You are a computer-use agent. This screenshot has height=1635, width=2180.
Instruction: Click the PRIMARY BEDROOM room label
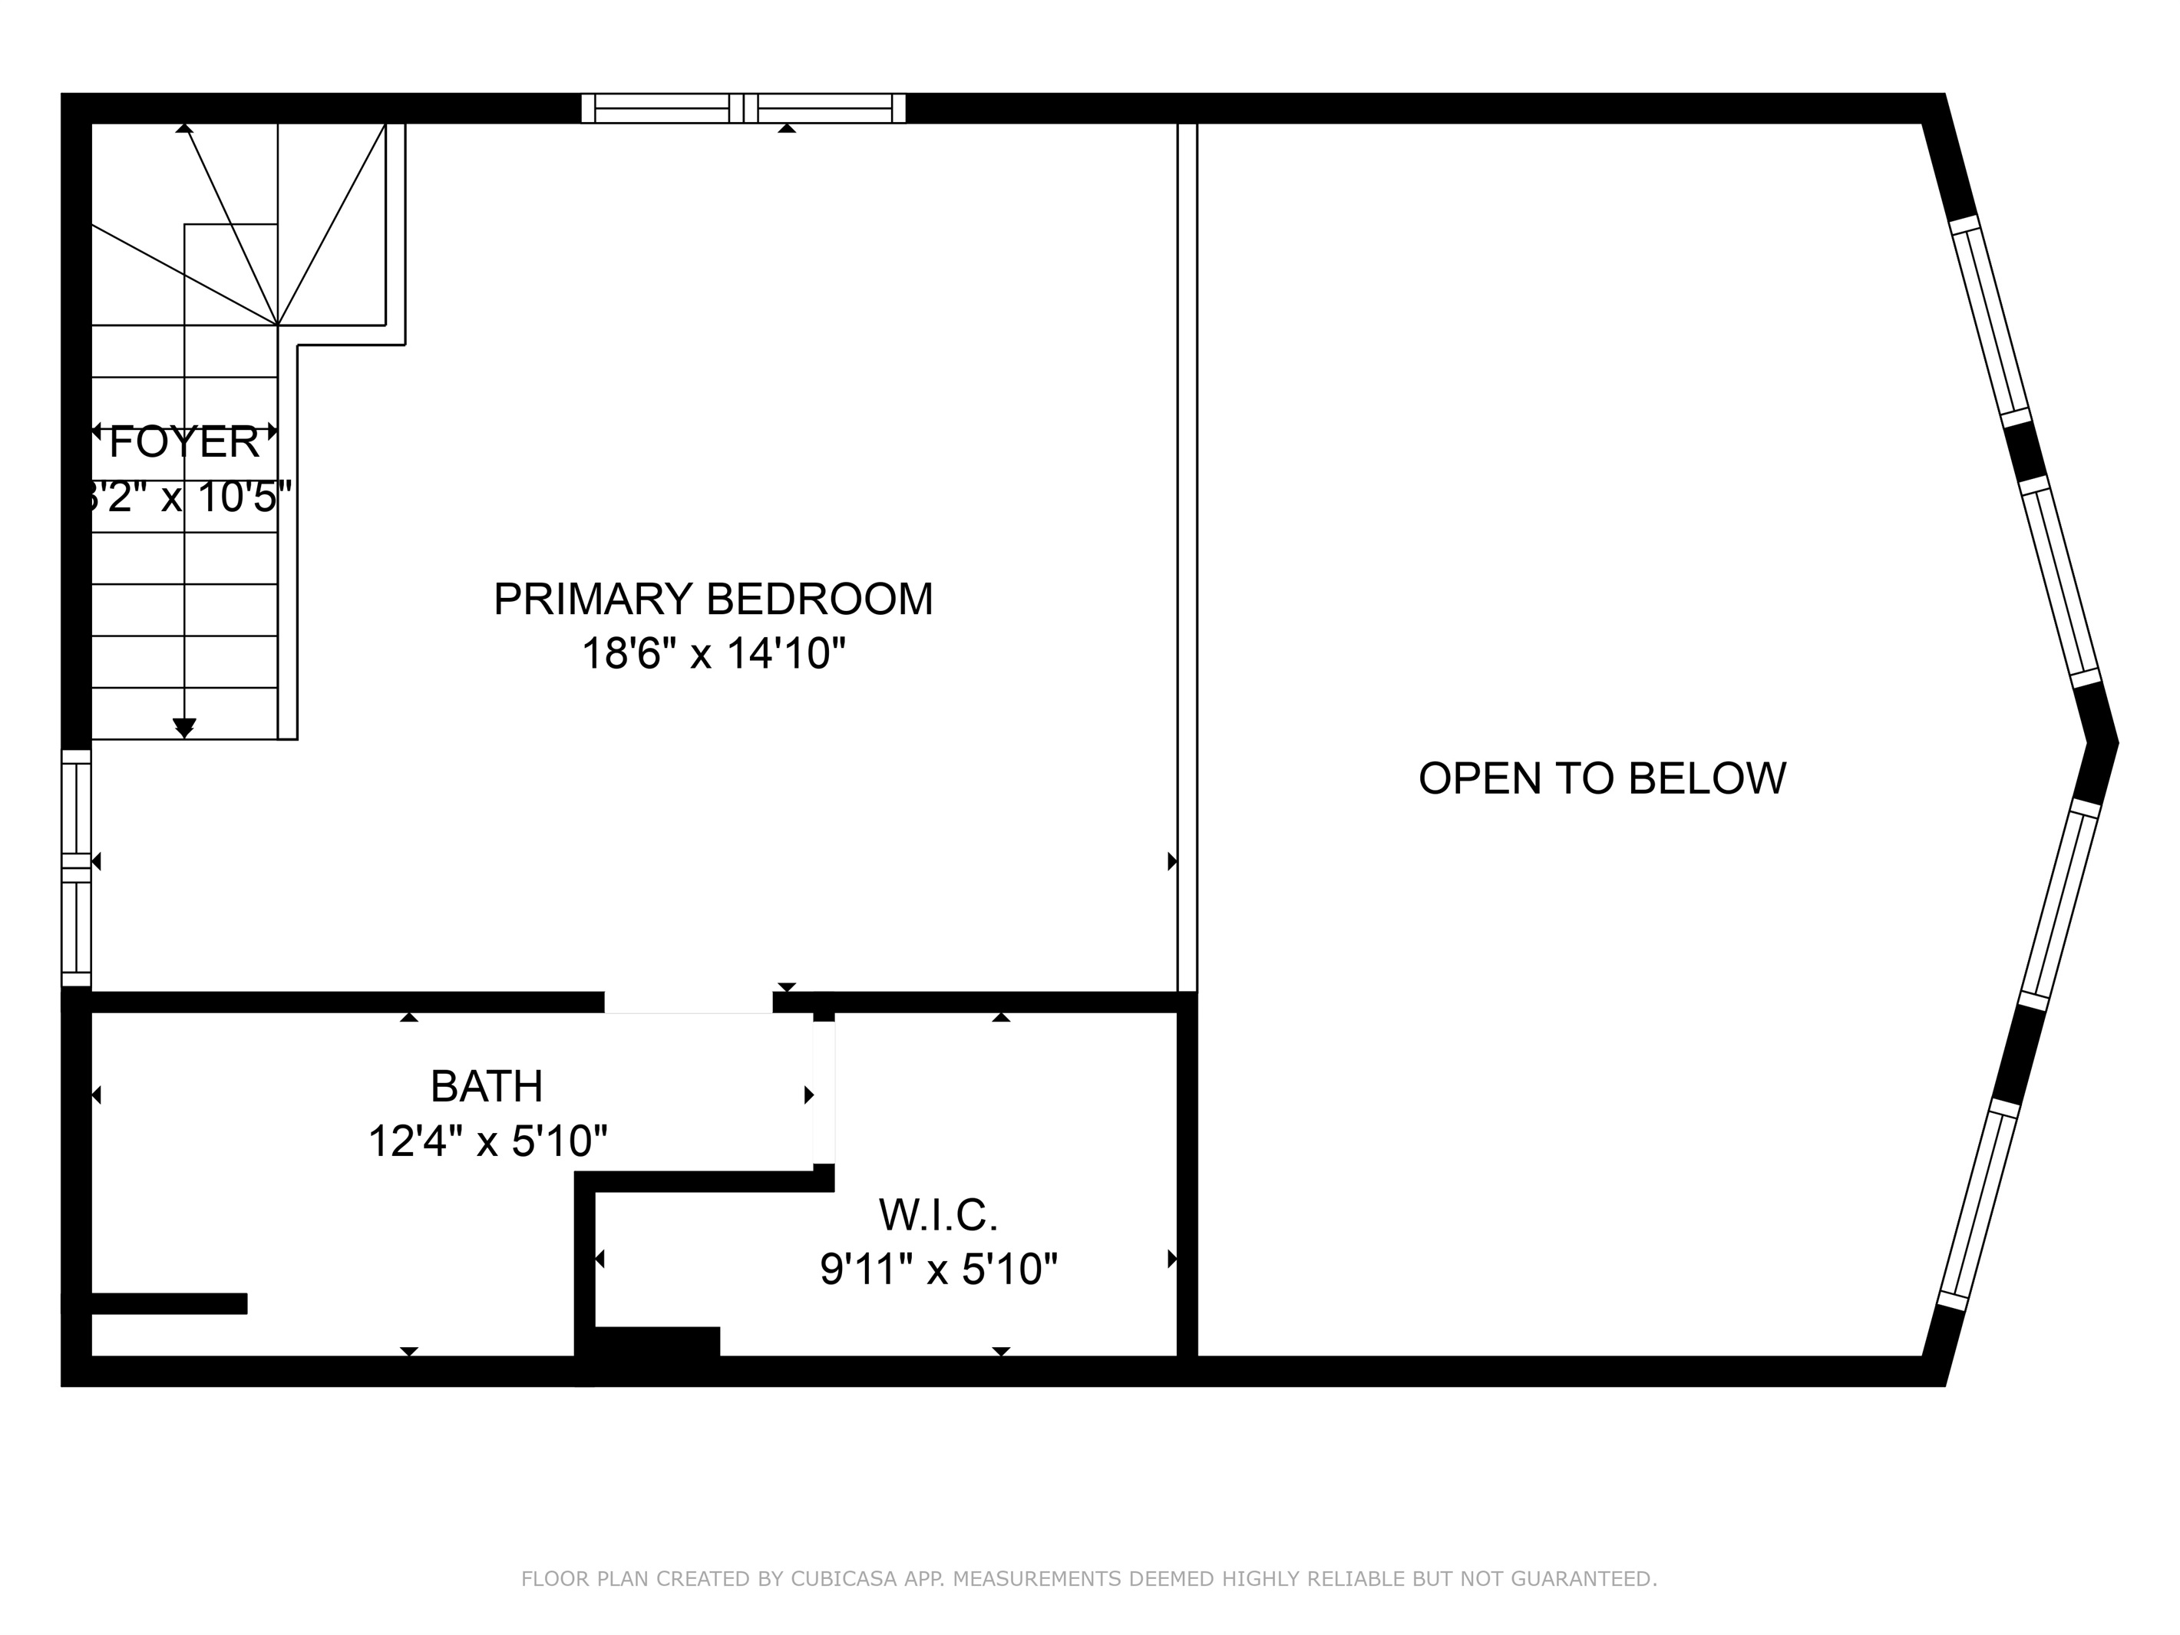tap(712, 599)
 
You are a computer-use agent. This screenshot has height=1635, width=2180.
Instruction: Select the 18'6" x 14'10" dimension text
tap(712, 653)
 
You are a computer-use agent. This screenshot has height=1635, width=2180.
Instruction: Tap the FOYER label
tap(184, 442)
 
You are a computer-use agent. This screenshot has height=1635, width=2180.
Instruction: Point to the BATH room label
tap(487, 1086)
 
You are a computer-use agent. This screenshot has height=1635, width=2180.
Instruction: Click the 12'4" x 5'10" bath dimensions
tap(487, 1141)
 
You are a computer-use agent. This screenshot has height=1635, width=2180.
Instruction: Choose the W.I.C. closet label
tap(938, 1215)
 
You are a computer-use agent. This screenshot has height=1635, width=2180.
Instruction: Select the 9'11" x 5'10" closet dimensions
tap(938, 1270)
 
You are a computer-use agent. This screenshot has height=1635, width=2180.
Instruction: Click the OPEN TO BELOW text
tap(1601, 778)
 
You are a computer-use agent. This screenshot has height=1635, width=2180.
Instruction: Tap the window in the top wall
tap(743, 107)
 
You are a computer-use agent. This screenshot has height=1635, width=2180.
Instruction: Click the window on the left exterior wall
tap(76, 867)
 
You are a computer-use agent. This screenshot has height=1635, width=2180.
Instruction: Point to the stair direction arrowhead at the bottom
tap(184, 728)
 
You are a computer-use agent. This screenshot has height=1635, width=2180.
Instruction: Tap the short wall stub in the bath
tap(167, 1303)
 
